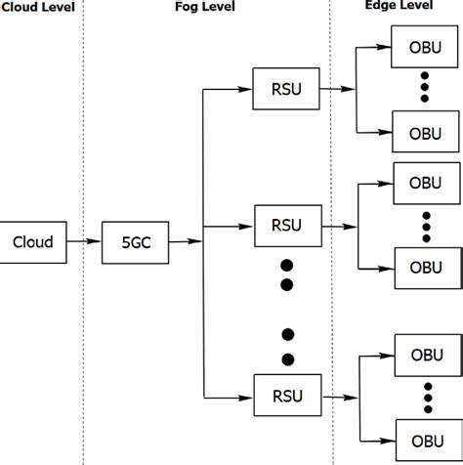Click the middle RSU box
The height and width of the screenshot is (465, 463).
click(x=284, y=225)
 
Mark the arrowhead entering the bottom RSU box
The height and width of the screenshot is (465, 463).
click(x=244, y=396)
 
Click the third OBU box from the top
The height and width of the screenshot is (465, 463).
click(x=425, y=183)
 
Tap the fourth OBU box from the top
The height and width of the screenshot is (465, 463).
click(x=425, y=266)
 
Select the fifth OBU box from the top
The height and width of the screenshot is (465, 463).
click(x=425, y=353)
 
